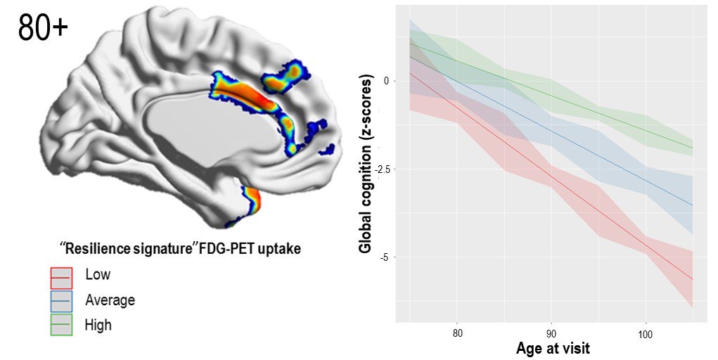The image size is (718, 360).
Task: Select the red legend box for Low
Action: tap(60, 277)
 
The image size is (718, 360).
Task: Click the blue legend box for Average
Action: tap(60, 301)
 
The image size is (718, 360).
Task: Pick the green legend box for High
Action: tap(60, 324)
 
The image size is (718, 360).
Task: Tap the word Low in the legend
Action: tap(97, 275)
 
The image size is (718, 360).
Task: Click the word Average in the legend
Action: tap(110, 300)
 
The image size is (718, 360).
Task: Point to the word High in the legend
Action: tap(98, 325)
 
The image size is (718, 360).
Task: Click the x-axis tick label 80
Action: tap(457, 333)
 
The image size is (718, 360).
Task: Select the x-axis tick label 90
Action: tap(551, 333)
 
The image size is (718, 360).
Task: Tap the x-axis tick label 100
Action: tap(645, 333)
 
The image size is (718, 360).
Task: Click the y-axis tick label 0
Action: tap(386, 81)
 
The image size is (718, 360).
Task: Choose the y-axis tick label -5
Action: tap(385, 257)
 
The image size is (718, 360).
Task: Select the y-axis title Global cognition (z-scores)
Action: tap(366, 165)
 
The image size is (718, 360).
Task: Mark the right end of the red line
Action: tap(693, 280)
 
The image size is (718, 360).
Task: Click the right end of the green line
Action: tap(693, 148)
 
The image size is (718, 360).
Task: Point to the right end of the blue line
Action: tap(693, 205)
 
